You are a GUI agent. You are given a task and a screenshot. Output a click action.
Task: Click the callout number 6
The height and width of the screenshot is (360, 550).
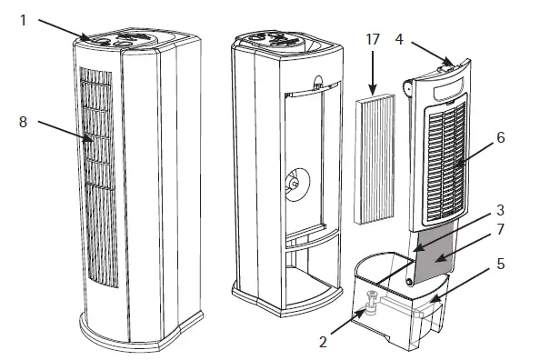point(501,137)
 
